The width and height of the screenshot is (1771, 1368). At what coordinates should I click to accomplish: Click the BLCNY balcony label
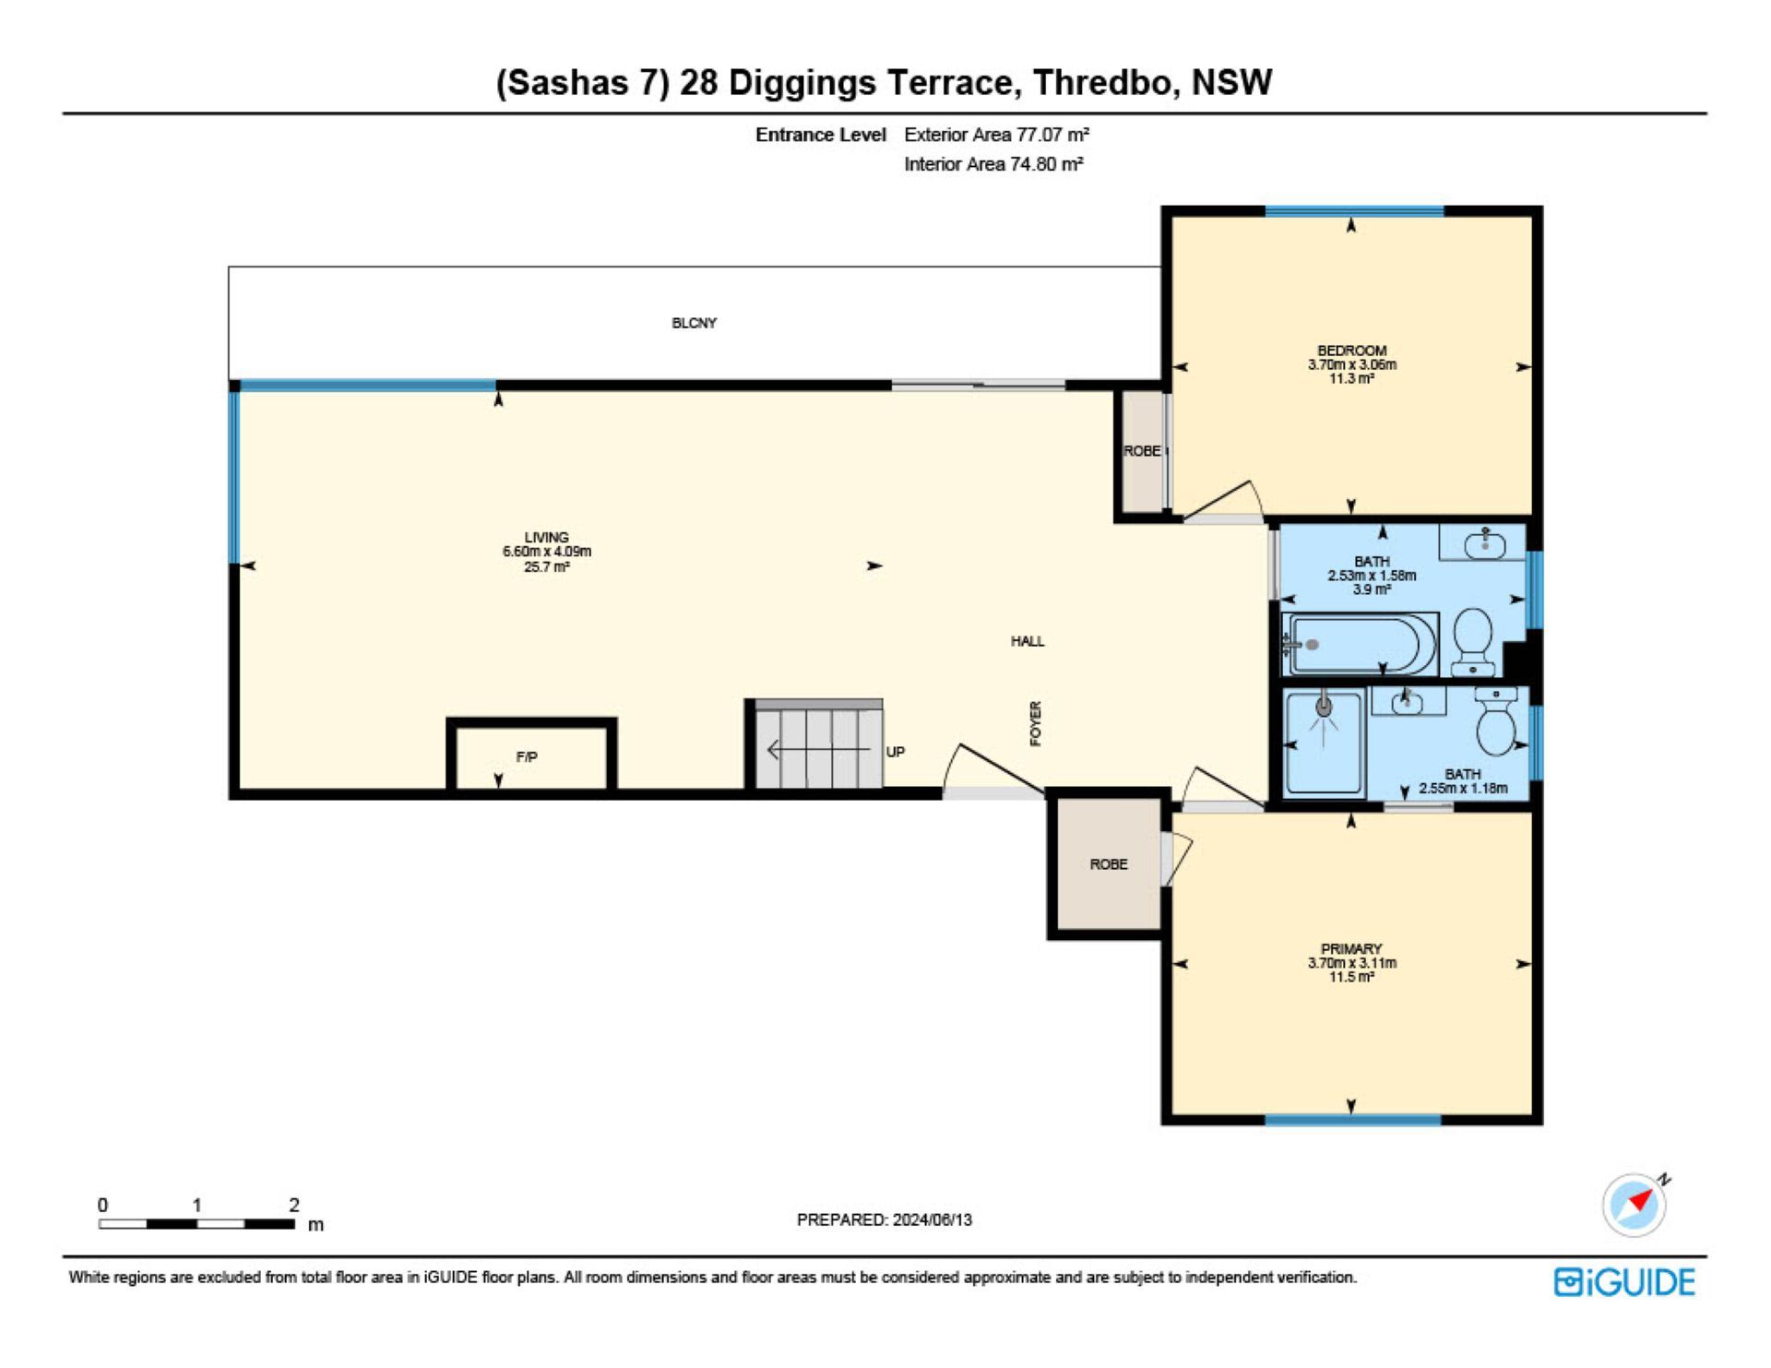[x=694, y=323]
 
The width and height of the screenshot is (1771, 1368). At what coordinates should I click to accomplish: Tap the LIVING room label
[x=546, y=537]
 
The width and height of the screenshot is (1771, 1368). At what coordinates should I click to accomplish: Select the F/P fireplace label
[x=527, y=757]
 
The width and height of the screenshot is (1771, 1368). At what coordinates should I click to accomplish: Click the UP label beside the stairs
[x=895, y=752]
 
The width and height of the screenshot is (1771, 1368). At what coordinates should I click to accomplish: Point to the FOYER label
[x=1035, y=723]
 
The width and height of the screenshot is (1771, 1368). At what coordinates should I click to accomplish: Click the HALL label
[x=1028, y=641]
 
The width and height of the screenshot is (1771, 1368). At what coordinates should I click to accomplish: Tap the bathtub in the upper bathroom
[x=1359, y=644]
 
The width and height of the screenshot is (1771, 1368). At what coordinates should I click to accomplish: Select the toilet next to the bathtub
[x=1473, y=640]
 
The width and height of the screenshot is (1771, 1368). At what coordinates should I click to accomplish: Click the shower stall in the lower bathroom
[x=1325, y=743]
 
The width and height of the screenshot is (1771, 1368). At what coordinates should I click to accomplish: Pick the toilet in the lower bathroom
[x=1496, y=721]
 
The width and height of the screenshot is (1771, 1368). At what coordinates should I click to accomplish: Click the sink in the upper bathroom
[x=1485, y=543]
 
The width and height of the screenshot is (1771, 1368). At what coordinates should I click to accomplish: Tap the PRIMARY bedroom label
[x=1351, y=948]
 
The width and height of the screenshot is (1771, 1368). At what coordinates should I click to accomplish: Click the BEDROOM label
[x=1351, y=351]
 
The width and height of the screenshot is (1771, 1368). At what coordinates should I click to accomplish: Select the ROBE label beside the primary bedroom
[x=1109, y=864]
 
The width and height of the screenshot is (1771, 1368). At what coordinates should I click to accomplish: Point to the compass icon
[x=1634, y=1205]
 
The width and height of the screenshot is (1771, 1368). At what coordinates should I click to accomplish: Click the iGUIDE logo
[x=1624, y=1282]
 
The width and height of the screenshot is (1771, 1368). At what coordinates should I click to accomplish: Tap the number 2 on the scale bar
[x=293, y=1205]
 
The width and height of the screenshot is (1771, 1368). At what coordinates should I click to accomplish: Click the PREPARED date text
[x=884, y=1219]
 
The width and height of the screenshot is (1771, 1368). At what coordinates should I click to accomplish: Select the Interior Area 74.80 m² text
[x=993, y=164]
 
